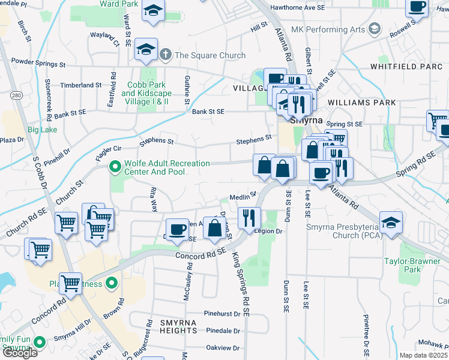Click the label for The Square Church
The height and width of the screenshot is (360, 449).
(x=209, y=55)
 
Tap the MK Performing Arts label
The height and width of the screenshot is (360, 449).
(x=328, y=29)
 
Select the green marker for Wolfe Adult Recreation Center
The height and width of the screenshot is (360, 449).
(x=113, y=167)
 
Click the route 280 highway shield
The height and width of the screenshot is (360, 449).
(x=16, y=95)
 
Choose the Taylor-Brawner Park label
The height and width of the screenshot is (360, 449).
(x=412, y=265)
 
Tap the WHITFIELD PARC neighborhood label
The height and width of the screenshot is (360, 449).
(x=406, y=66)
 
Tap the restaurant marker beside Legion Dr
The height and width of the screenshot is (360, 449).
(x=249, y=218)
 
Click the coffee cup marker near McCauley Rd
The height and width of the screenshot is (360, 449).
(x=177, y=230)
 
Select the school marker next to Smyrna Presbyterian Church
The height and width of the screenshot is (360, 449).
(x=391, y=224)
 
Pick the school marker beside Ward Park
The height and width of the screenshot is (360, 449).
(x=154, y=12)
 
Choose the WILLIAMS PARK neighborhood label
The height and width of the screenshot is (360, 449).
(x=361, y=103)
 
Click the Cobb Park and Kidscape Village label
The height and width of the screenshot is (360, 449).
(x=146, y=93)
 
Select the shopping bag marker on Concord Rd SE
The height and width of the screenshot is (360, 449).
(x=214, y=229)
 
